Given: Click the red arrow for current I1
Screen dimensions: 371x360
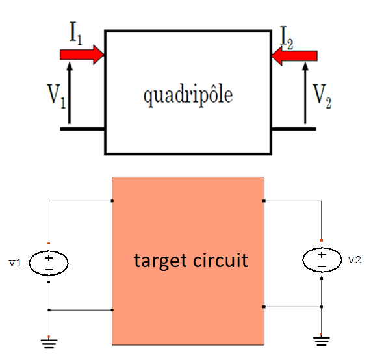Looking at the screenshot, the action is pyautogui.click(x=82, y=55).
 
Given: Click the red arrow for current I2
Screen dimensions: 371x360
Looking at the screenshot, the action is pyautogui.click(x=294, y=56).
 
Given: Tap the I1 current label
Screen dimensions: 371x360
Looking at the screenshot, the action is pyautogui.click(x=76, y=33).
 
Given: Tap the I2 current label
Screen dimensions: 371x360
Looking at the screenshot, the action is pyautogui.click(x=287, y=38).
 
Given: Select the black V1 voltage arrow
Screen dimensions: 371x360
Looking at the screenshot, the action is pyautogui.click(x=70, y=92).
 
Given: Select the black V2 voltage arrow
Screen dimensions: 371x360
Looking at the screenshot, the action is pyautogui.click(x=305, y=93).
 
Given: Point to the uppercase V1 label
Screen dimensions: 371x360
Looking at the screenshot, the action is pyautogui.click(x=57, y=96).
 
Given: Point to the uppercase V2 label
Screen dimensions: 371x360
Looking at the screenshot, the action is pyautogui.click(x=322, y=96).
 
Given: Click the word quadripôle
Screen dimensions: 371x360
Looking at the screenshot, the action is pyautogui.click(x=188, y=96).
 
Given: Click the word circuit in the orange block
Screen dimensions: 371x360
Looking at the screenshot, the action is pyautogui.click(x=220, y=260).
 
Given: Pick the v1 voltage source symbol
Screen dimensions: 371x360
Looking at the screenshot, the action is pyautogui.click(x=49, y=263).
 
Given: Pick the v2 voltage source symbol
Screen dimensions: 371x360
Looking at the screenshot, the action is pyautogui.click(x=322, y=260).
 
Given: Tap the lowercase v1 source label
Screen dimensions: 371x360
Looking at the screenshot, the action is pyautogui.click(x=16, y=263).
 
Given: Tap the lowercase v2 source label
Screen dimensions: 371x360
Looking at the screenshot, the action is pyautogui.click(x=355, y=260).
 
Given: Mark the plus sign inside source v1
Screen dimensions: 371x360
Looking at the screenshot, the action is pyautogui.click(x=49, y=258).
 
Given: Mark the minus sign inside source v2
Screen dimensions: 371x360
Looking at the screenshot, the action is pyautogui.click(x=322, y=266).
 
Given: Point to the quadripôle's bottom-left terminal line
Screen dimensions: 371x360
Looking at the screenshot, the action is pyautogui.click(x=83, y=129).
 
